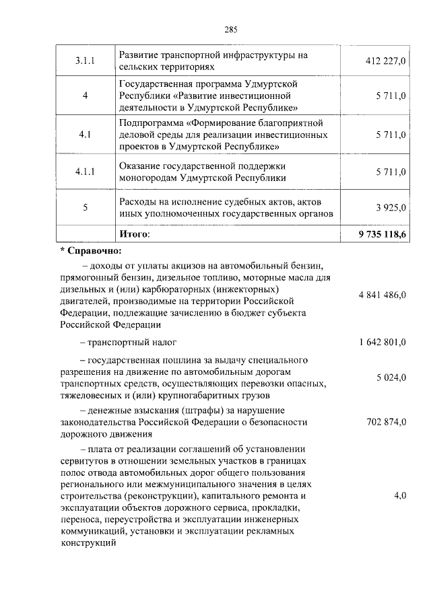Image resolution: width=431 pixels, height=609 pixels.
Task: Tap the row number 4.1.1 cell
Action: tap(85, 172)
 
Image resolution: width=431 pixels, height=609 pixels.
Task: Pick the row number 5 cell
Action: tap(85, 208)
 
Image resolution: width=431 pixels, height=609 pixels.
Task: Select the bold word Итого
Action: tap(135, 234)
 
